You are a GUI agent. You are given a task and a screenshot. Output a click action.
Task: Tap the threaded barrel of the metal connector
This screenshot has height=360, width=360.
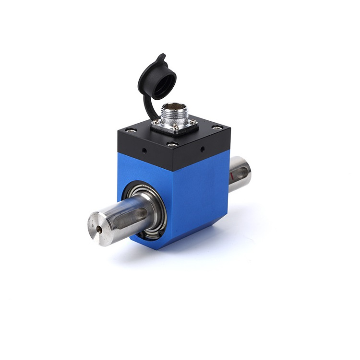click(173, 115)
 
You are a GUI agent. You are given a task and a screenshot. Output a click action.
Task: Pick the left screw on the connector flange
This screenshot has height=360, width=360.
click(155, 123)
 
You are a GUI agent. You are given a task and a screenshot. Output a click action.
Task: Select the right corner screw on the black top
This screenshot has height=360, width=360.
click(216, 127)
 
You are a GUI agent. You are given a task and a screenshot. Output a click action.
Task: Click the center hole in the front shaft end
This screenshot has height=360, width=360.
click(99, 230)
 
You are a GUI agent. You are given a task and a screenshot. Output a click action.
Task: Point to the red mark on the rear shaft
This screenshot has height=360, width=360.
click(233, 178)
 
